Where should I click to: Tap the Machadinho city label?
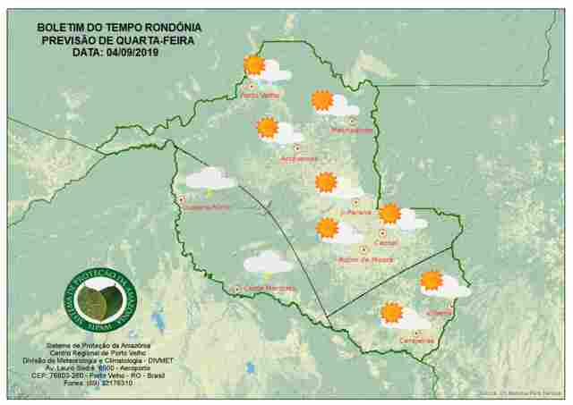[x=352, y=131]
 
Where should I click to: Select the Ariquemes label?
[x=299, y=159]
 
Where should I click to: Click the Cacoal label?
[x=387, y=242]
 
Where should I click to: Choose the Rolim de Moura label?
[x=365, y=260]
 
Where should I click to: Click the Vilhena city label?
[x=440, y=313]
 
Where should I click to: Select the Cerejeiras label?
[x=415, y=342]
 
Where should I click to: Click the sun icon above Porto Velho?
[x=254, y=64]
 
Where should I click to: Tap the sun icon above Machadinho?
[x=322, y=100]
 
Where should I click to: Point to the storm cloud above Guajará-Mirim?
[x=210, y=179]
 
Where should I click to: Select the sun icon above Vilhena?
[x=432, y=280]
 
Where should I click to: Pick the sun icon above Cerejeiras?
[x=391, y=313]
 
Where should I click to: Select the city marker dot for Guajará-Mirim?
[x=182, y=199]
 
